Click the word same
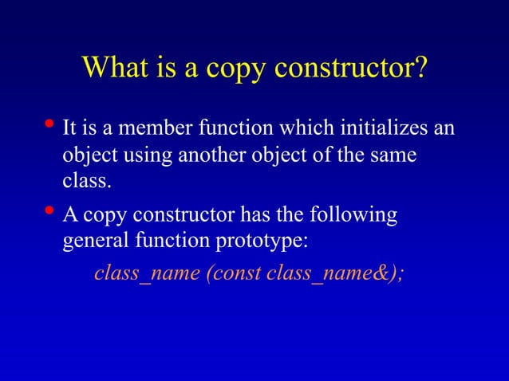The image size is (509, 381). click(x=392, y=155)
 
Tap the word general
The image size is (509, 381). click(x=91, y=242)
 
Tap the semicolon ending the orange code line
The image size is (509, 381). click(x=400, y=275)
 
